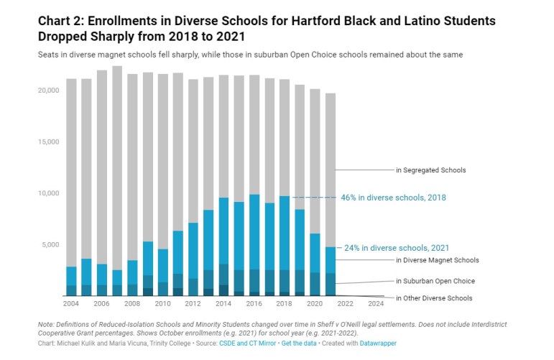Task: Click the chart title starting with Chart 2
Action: point(266,27)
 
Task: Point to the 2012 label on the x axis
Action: point(193,303)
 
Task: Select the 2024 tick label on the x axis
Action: point(377,303)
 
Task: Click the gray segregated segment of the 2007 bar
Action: point(117,165)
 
